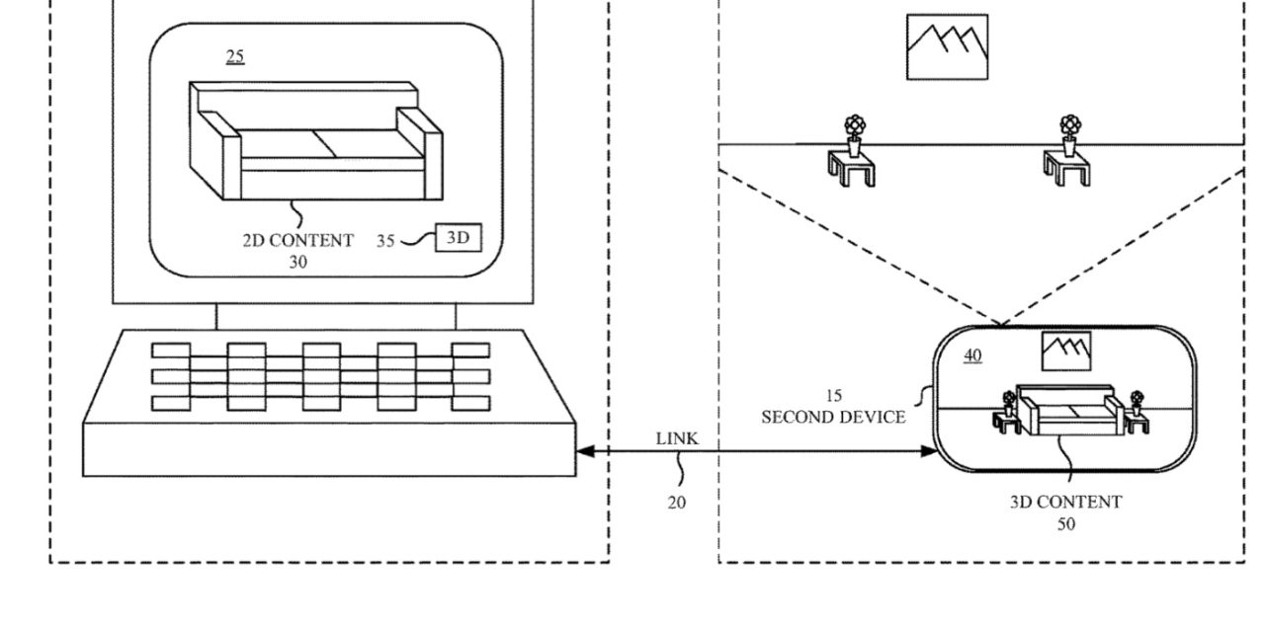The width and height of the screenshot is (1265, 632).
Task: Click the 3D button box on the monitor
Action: [458, 238]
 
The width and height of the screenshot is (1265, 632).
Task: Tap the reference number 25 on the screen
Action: [235, 56]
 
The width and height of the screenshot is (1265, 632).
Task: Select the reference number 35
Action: [385, 240]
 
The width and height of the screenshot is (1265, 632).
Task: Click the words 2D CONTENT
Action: [297, 240]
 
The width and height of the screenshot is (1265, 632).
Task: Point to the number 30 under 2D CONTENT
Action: [297, 262]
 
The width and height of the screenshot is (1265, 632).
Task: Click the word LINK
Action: [677, 438]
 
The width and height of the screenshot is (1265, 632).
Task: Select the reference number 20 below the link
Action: [676, 503]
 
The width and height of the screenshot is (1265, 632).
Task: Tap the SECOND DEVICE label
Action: [833, 417]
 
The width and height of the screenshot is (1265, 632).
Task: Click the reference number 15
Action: [833, 396]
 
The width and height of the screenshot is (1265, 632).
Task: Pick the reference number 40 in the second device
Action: [972, 355]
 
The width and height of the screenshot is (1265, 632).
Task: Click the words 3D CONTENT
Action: [1065, 502]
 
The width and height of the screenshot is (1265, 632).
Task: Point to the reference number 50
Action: [1066, 523]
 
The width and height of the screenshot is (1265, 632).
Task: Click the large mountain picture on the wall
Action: [947, 46]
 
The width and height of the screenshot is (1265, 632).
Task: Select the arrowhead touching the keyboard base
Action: [585, 451]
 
